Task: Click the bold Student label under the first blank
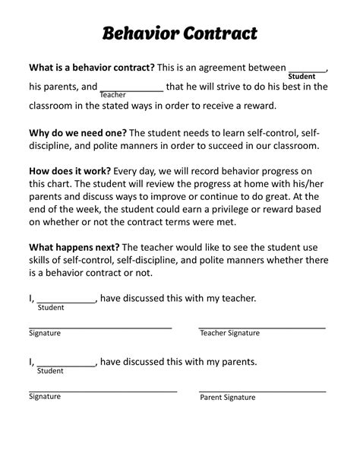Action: tap(302, 77)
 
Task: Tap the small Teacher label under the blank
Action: tap(113, 94)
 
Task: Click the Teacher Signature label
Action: tap(229, 333)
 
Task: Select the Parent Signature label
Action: tap(227, 398)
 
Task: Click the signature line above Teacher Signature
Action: tap(262, 326)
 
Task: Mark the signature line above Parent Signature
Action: tap(262, 390)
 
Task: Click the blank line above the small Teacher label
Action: tap(131, 88)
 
